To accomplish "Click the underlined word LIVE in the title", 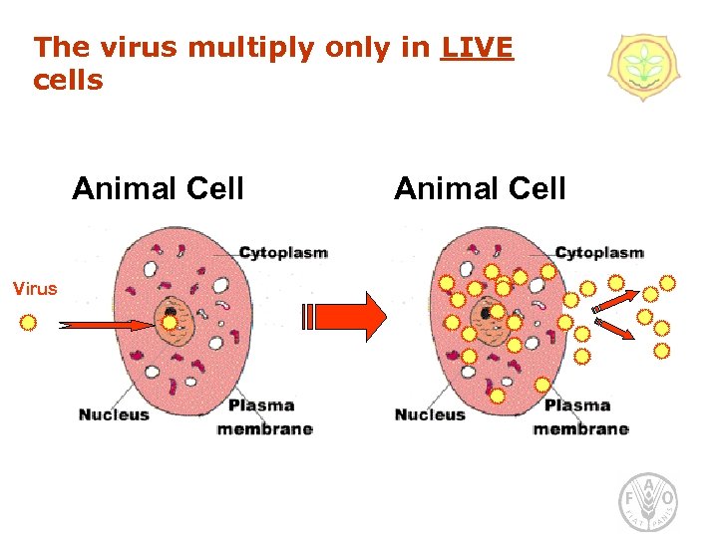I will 477,47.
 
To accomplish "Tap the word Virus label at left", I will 35,289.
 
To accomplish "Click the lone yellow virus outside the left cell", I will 29,323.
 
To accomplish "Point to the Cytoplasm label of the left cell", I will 283,253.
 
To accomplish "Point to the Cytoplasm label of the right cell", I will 599,253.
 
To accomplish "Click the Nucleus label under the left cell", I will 114,414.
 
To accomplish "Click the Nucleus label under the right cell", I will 430,414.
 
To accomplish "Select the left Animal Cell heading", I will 158,188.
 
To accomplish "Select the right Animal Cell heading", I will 480,188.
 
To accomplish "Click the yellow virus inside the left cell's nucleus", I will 171,323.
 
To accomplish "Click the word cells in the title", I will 68,80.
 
